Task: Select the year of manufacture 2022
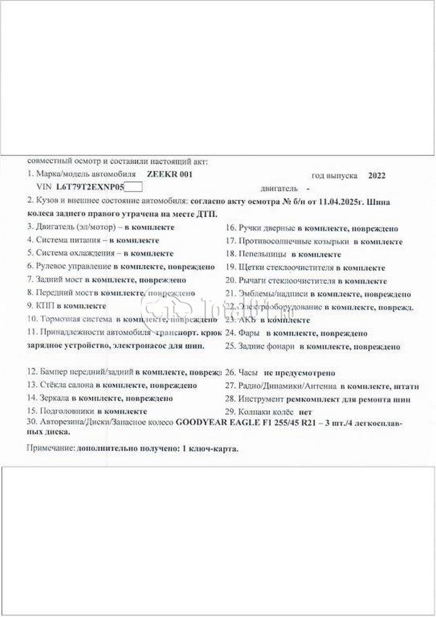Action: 377,175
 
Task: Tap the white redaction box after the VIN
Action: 134,188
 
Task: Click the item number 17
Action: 230,241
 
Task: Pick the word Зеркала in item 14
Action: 53,398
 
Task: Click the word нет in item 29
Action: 305,412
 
